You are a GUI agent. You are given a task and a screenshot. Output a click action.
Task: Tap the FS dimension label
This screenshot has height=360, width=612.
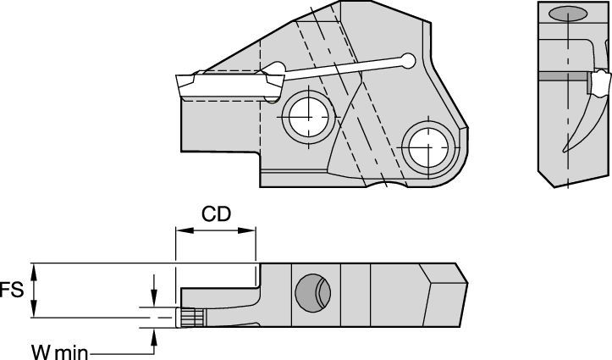click(11, 291)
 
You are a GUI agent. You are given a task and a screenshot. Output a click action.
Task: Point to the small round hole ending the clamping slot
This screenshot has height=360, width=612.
click(409, 60)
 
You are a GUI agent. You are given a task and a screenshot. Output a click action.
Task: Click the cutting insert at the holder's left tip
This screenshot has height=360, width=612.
click(226, 86)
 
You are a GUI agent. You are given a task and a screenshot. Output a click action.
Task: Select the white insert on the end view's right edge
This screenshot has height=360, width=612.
click(600, 83)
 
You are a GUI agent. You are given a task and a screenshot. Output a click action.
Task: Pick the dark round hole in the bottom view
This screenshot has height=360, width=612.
click(309, 292)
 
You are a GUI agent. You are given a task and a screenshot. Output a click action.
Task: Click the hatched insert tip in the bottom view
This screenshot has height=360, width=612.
click(190, 317)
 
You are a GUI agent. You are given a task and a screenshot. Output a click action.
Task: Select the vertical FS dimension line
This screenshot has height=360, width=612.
click(35, 291)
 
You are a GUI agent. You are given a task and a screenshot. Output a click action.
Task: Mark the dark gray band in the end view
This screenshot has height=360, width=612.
click(563, 76)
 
